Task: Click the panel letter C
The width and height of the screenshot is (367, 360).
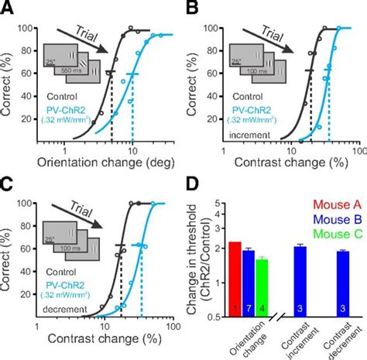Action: point(7,187)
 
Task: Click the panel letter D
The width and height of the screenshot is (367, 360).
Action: point(189,187)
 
